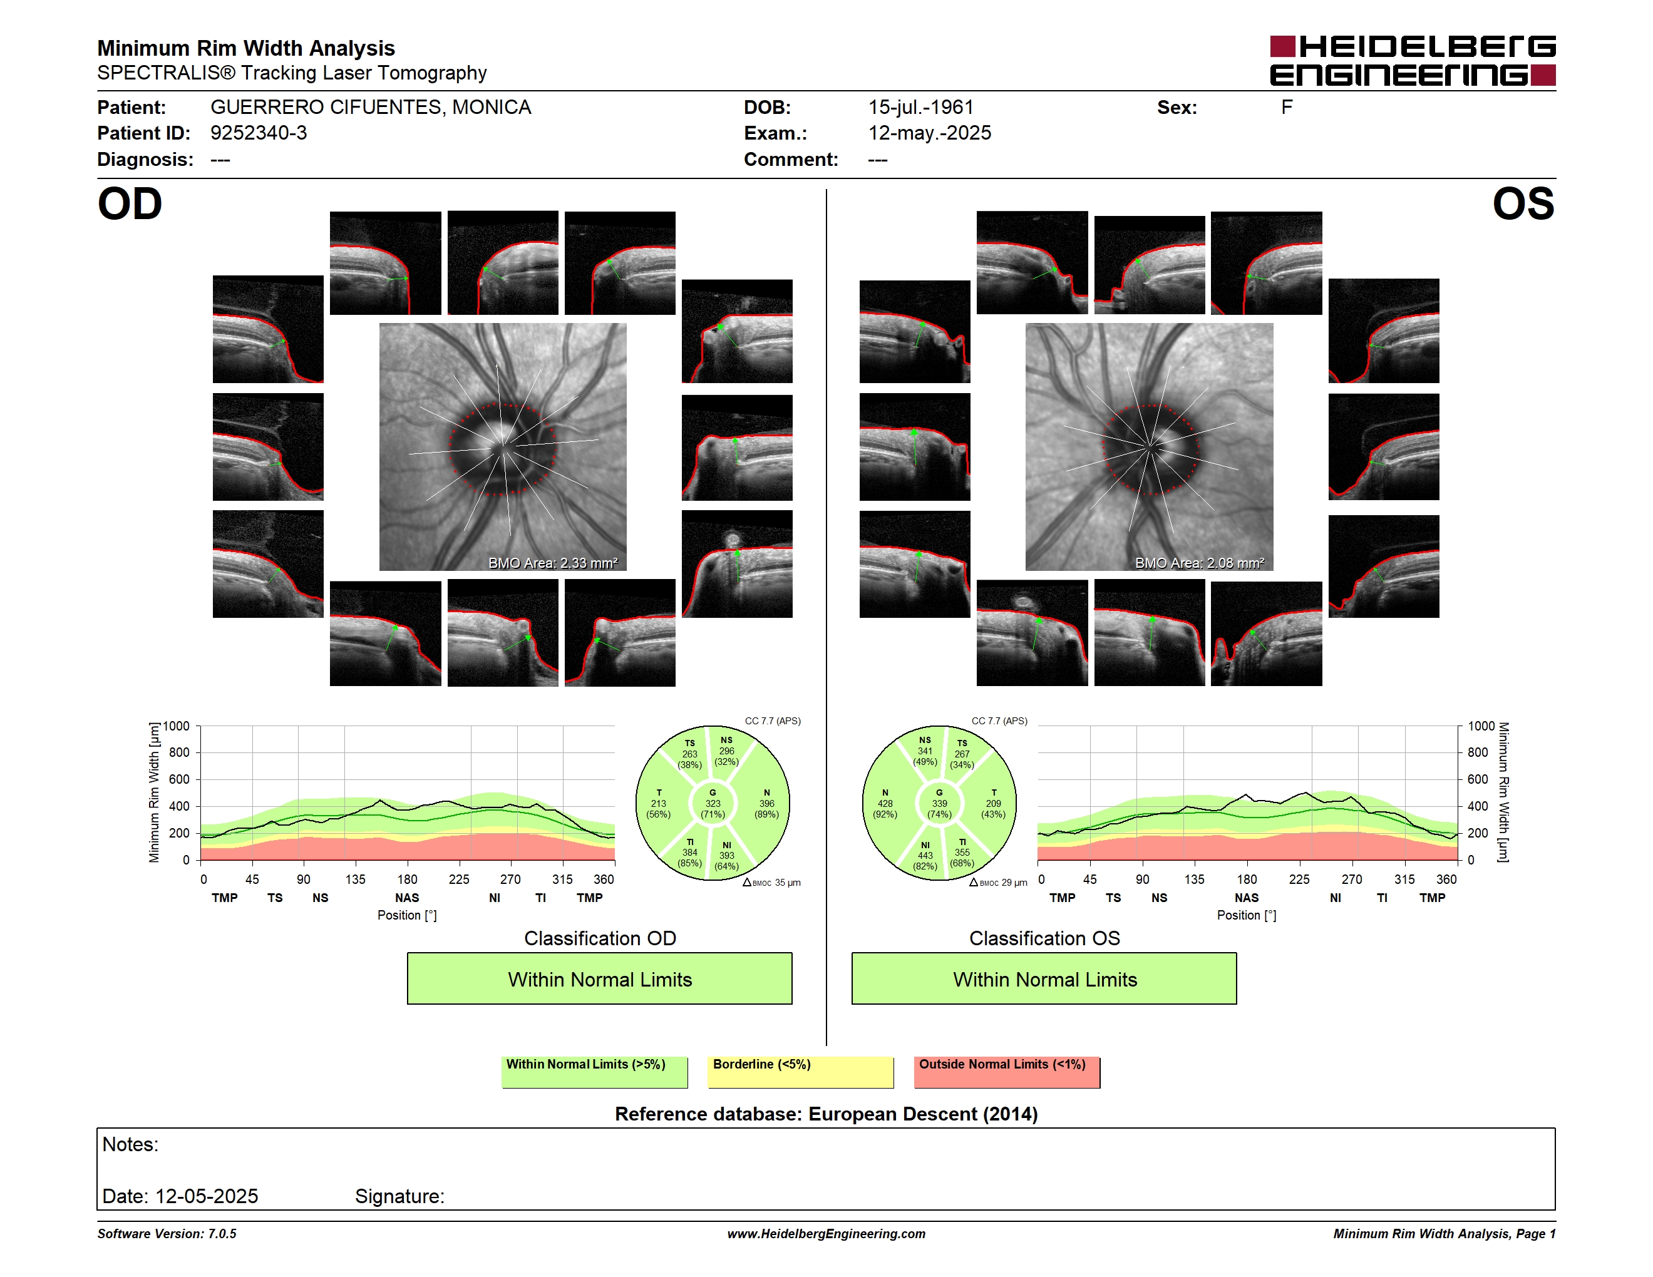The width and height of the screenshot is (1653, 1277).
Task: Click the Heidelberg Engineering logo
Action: tap(1413, 61)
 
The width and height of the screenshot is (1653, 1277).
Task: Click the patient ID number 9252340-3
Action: tap(259, 133)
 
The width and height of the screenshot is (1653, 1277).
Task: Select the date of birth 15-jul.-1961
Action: tap(920, 108)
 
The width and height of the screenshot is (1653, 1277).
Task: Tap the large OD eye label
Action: tap(130, 204)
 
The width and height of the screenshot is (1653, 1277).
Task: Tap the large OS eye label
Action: tap(1523, 204)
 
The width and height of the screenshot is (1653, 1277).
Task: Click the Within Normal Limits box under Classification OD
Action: tap(599, 978)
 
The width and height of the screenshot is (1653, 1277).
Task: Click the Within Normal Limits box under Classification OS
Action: tap(1044, 978)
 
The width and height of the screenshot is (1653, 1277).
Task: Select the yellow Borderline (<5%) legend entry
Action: tap(801, 1072)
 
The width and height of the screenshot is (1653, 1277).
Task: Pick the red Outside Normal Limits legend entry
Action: tap(1007, 1072)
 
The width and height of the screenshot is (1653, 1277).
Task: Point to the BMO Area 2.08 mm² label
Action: tap(1200, 563)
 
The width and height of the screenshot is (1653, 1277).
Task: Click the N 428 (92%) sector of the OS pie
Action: tap(885, 803)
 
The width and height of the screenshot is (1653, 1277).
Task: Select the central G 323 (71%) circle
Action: tap(712, 803)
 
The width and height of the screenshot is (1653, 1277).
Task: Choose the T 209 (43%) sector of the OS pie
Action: tap(993, 803)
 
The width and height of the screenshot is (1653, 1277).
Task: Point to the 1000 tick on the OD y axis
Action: tap(175, 726)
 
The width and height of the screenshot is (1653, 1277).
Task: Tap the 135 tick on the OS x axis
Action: tap(1194, 879)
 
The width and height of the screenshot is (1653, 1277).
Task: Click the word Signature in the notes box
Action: tap(399, 1196)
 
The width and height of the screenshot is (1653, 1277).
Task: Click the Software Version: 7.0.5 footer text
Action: tap(167, 1234)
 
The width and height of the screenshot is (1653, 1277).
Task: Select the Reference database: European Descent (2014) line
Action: tap(826, 1114)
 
